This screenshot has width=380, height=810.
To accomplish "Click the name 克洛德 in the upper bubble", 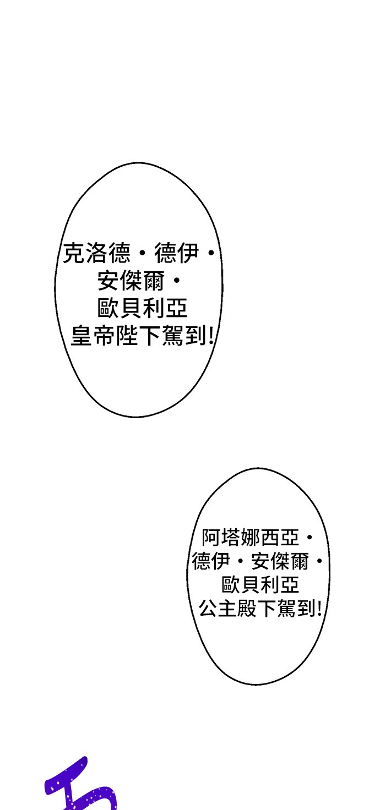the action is coord(96,253).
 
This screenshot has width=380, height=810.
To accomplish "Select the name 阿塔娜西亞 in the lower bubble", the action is coord(251,538).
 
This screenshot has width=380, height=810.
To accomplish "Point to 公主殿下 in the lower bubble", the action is coord(237,608).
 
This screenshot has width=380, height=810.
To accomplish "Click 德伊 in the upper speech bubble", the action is coord(177,253).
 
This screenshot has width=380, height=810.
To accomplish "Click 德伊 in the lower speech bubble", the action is coord(211,561).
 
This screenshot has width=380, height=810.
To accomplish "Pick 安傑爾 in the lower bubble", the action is coord(280,561).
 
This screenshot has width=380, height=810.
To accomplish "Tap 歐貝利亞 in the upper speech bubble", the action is coord(143,308).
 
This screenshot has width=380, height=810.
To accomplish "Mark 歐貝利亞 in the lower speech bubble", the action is coord(260,585).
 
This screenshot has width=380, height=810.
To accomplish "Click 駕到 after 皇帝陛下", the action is coord(184,336).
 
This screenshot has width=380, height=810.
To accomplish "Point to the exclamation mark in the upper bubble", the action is coord(211,336).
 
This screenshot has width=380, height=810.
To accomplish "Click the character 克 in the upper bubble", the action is coord(74,253).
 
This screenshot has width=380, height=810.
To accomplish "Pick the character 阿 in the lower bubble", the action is coord(211,538).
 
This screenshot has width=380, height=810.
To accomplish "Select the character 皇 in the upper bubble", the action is coord(82,336).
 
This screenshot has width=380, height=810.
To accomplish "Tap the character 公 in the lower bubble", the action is coord(208,608).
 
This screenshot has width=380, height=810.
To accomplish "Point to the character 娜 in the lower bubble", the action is coord(251,538).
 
